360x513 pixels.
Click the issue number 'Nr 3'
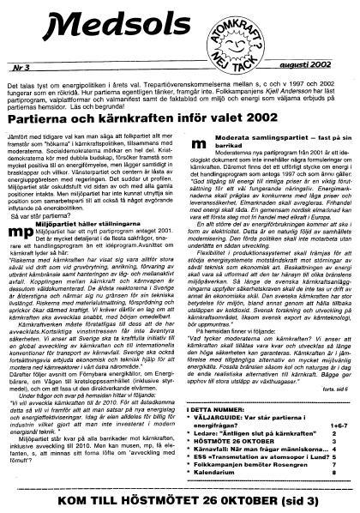click(24, 65)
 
